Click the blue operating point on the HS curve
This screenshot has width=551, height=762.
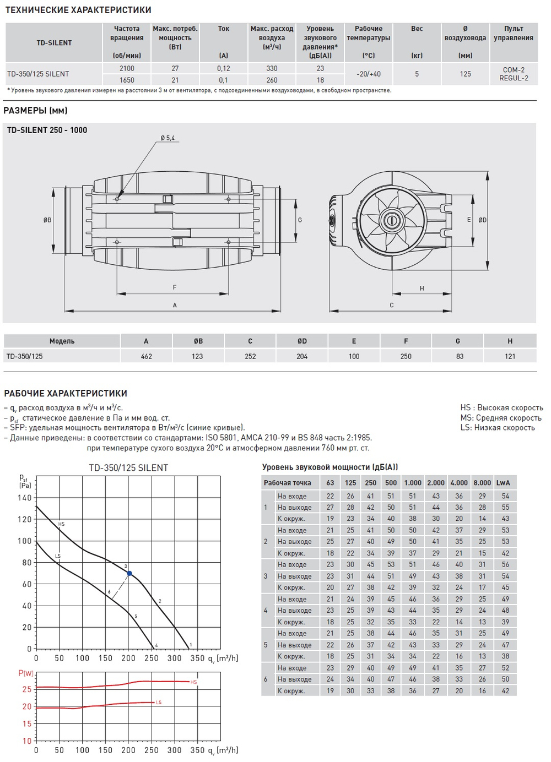(129, 573)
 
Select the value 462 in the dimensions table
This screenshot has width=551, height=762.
(146, 356)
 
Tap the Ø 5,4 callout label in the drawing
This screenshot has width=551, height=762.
(168, 138)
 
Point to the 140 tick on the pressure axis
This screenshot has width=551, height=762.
(25, 498)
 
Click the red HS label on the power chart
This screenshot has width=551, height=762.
(194, 682)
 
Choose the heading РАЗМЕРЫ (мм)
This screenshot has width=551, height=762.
(36, 111)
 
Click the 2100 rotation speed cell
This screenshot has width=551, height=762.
(127, 68)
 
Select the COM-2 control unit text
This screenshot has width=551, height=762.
(514, 70)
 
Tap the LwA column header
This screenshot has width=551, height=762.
(503, 483)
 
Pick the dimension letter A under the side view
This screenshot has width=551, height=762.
(175, 305)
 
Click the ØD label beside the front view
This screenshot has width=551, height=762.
(483, 220)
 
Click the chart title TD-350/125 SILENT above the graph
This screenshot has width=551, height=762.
(128, 468)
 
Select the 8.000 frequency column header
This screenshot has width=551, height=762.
(482, 483)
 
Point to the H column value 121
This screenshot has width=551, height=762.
(510, 356)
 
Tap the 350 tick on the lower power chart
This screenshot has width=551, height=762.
(197, 750)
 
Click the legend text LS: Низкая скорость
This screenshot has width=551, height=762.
(498, 428)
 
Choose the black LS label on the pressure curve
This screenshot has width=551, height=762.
(58, 556)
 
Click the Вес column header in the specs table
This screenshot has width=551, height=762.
(417, 29)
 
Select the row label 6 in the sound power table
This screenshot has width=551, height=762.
(266, 679)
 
